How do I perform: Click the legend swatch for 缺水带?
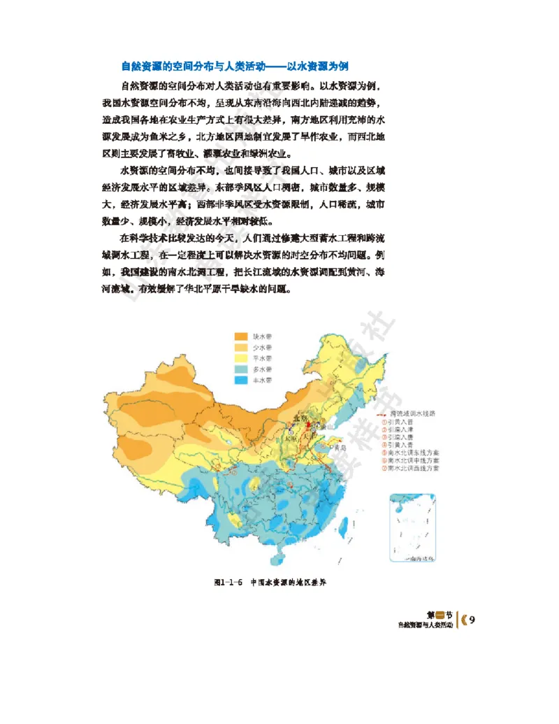pos(241,336)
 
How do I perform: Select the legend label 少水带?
pos(263,347)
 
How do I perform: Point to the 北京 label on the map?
pos(300,418)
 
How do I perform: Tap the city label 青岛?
pos(340,447)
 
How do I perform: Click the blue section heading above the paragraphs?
pos(234,66)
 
